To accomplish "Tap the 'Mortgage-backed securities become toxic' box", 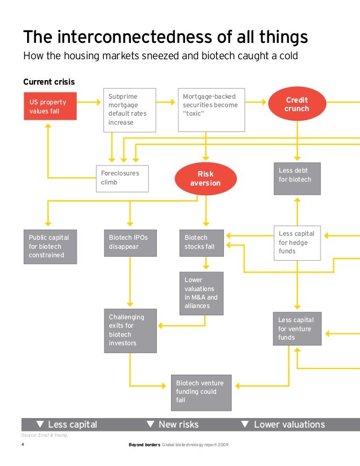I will tap(211, 109).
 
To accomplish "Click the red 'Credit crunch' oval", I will tap(297, 104).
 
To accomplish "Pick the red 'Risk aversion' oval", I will tap(205, 179).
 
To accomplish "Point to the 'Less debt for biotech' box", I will tap(297, 179).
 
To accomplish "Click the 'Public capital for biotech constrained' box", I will tap(50, 247).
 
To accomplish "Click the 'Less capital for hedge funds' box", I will tap(297, 244).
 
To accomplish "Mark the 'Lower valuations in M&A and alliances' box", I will tap(201, 293).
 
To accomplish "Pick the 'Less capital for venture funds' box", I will tap(297, 328).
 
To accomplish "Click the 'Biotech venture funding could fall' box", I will tap(201, 392).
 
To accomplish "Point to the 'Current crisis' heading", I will tap(49, 82).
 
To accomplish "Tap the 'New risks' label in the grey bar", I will tap(178, 424).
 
